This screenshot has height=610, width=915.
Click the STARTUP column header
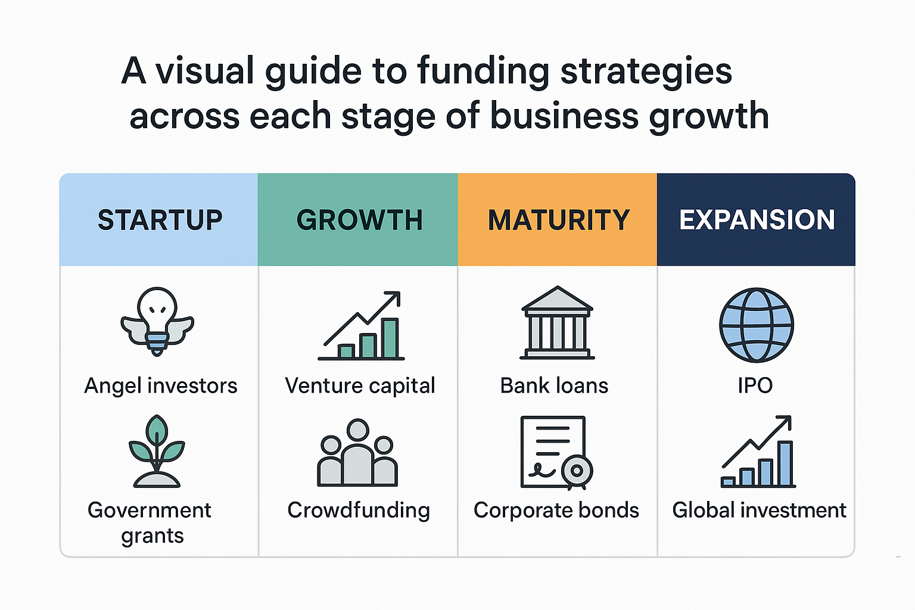click(160, 220)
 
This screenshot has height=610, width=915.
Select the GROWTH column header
click(359, 220)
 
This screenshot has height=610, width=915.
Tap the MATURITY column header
click(559, 220)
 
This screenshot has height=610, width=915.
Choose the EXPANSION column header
click(757, 220)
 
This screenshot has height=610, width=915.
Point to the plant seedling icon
click(157, 451)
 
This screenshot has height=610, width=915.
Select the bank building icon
click(557, 322)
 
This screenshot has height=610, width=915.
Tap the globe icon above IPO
click(757, 325)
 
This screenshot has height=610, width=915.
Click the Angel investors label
click(160, 386)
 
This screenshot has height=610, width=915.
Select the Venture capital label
click(360, 385)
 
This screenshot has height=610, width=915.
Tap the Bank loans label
click(555, 385)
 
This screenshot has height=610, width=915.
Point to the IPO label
click(755, 385)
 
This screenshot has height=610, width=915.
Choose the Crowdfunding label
click(359, 511)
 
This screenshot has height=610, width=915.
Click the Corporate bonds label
click(556, 511)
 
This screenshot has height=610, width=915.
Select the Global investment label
click(760, 510)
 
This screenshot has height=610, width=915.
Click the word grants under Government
click(152, 536)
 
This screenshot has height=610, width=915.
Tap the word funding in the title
click(483, 72)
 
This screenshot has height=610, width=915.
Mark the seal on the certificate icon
click(577, 471)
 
